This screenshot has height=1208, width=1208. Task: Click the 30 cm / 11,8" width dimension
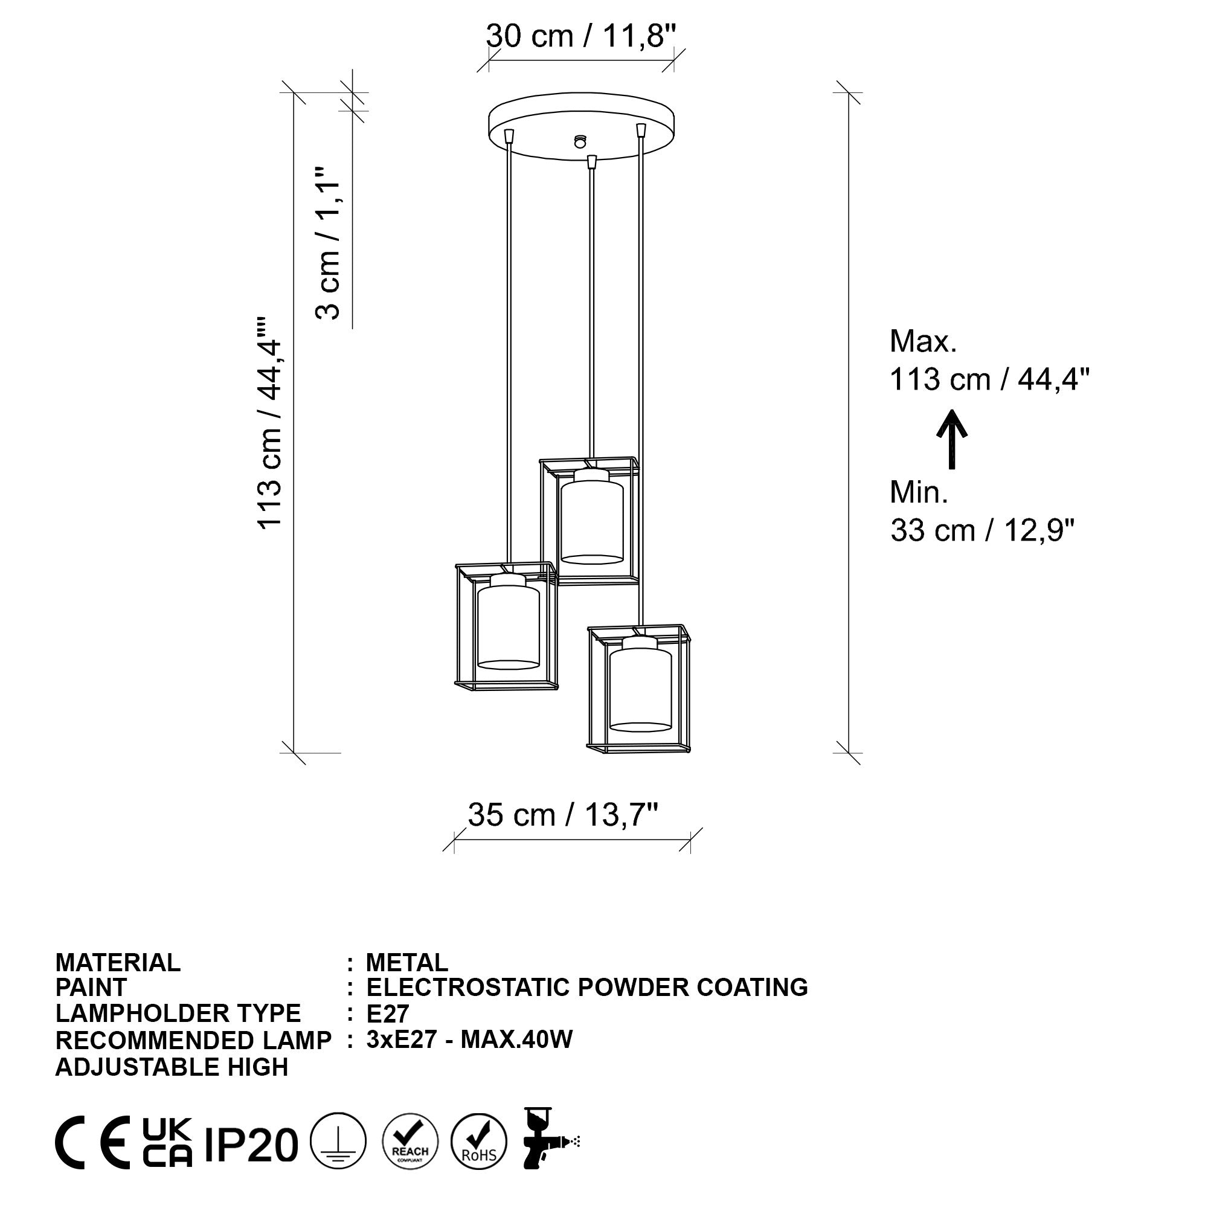tap(581, 36)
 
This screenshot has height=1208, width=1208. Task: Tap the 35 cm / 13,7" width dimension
tap(563, 815)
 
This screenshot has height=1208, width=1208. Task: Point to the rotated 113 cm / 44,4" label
tap(270, 423)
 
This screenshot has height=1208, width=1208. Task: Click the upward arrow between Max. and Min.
tap(952, 439)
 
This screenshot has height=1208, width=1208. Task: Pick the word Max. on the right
tap(923, 341)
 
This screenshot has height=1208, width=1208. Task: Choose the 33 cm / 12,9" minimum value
tap(981, 531)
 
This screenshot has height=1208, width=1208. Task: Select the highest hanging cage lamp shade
tap(590, 520)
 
